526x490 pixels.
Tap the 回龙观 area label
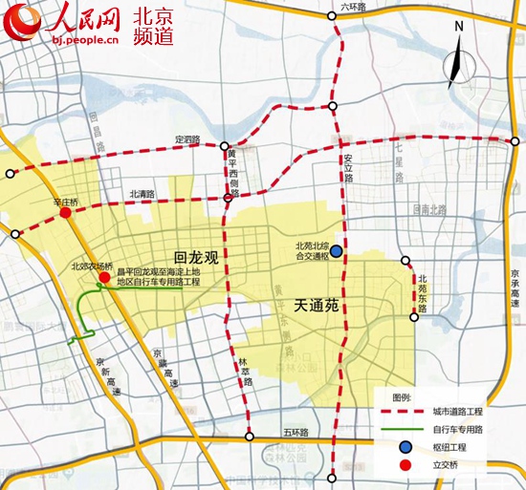(196, 257)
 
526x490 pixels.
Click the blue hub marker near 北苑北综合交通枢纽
(337, 250)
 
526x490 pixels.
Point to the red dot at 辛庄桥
(65, 214)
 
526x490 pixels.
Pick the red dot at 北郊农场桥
(103, 277)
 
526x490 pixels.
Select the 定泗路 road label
(187, 140)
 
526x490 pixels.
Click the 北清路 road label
(142, 194)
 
